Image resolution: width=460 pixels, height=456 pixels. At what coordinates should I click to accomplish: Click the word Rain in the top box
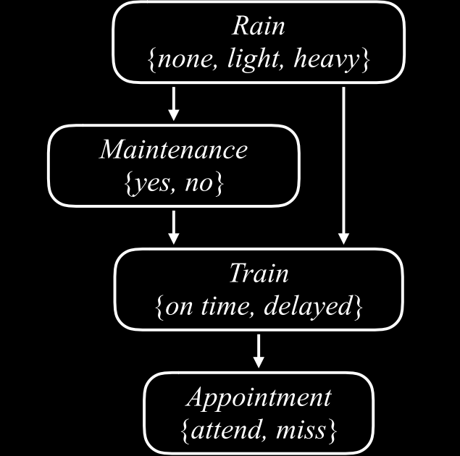coord(259,26)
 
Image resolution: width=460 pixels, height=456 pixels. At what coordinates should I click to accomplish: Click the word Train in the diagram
coord(259,274)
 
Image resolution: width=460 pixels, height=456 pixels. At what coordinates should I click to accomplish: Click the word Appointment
coord(259,397)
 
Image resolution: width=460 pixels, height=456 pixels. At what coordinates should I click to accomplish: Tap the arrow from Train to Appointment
coord(259,351)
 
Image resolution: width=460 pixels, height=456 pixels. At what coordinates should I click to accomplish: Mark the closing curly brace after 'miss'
coord(333,431)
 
